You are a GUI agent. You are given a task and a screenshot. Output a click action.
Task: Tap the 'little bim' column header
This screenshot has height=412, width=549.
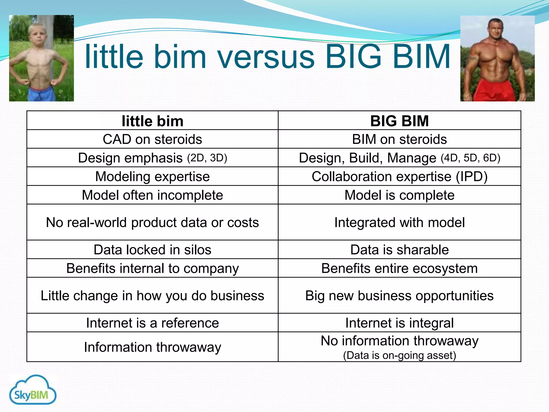pos(153,121)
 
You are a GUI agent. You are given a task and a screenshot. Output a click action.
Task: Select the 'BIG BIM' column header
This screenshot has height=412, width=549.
pos(399,121)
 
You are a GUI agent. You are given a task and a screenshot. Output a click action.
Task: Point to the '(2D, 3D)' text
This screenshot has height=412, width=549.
pos(207,158)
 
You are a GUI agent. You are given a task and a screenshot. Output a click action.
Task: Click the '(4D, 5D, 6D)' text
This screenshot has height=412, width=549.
pos(470,158)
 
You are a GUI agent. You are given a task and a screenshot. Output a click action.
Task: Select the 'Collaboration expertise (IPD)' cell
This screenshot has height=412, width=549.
pos(399,176)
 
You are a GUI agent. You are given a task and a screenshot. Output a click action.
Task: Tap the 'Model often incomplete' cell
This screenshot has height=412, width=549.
pos(153,195)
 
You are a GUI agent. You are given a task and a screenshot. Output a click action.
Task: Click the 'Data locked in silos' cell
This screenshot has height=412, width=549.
pos(153,250)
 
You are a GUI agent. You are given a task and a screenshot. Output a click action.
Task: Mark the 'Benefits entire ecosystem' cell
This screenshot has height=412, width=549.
pos(399,268)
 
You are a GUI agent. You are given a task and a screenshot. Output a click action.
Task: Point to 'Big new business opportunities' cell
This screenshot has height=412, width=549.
pos(399,296)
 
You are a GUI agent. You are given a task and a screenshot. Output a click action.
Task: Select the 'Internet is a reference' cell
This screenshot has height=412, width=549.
pos(153,323)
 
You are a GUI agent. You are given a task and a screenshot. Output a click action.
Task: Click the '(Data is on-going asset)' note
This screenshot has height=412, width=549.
pos(399,355)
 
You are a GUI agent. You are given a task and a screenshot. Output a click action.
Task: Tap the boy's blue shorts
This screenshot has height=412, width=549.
pos(40,94)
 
